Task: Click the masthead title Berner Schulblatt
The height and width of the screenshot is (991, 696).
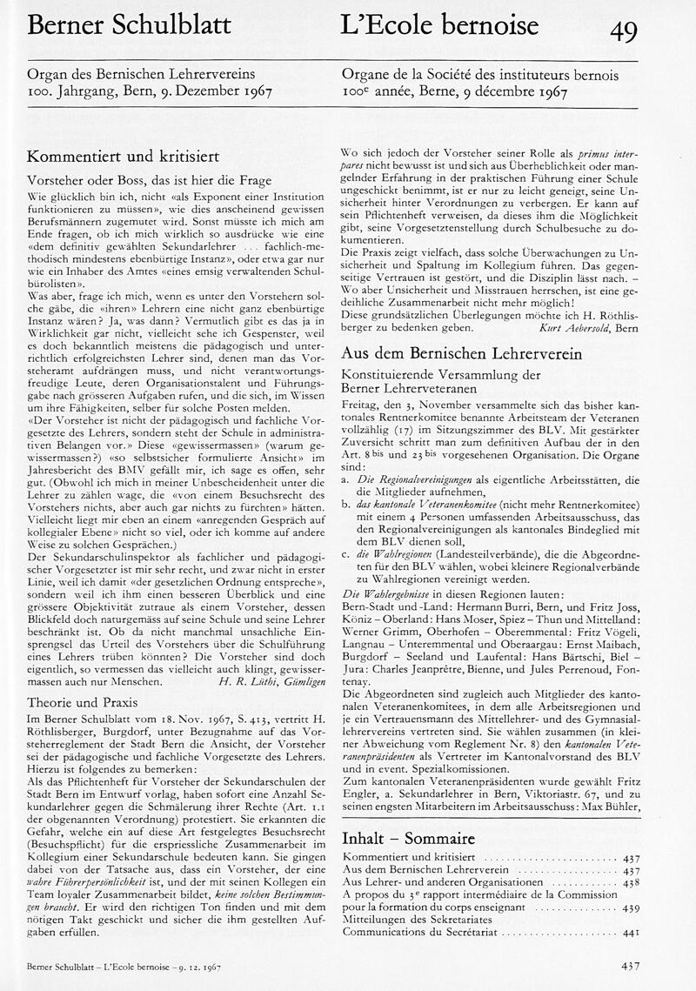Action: (129, 26)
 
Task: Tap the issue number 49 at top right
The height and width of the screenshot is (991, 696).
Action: (623, 30)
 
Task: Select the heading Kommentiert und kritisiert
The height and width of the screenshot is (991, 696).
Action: (123, 157)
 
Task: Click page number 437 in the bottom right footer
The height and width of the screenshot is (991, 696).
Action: (632, 965)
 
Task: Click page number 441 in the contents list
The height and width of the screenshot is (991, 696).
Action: (632, 931)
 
